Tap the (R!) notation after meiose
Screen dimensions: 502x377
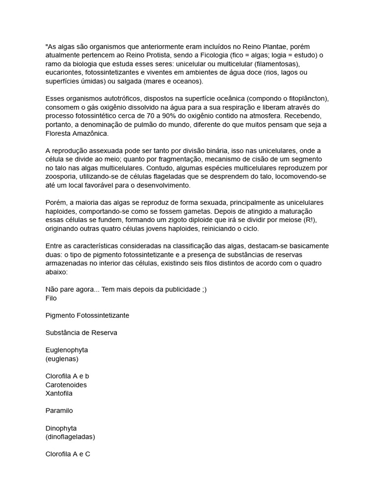point(308,220)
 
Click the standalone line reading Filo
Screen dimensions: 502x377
point(51,298)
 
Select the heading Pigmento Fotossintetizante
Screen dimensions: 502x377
point(87,315)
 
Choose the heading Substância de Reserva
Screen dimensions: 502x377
point(81,332)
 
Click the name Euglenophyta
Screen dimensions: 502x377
point(67,350)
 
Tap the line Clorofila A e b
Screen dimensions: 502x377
point(67,376)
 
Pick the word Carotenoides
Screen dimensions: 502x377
point(66,385)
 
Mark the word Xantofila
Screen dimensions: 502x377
point(59,393)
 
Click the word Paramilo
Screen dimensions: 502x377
point(59,410)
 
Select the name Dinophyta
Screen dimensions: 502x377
point(61,428)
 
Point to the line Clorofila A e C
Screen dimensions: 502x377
point(68,454)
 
